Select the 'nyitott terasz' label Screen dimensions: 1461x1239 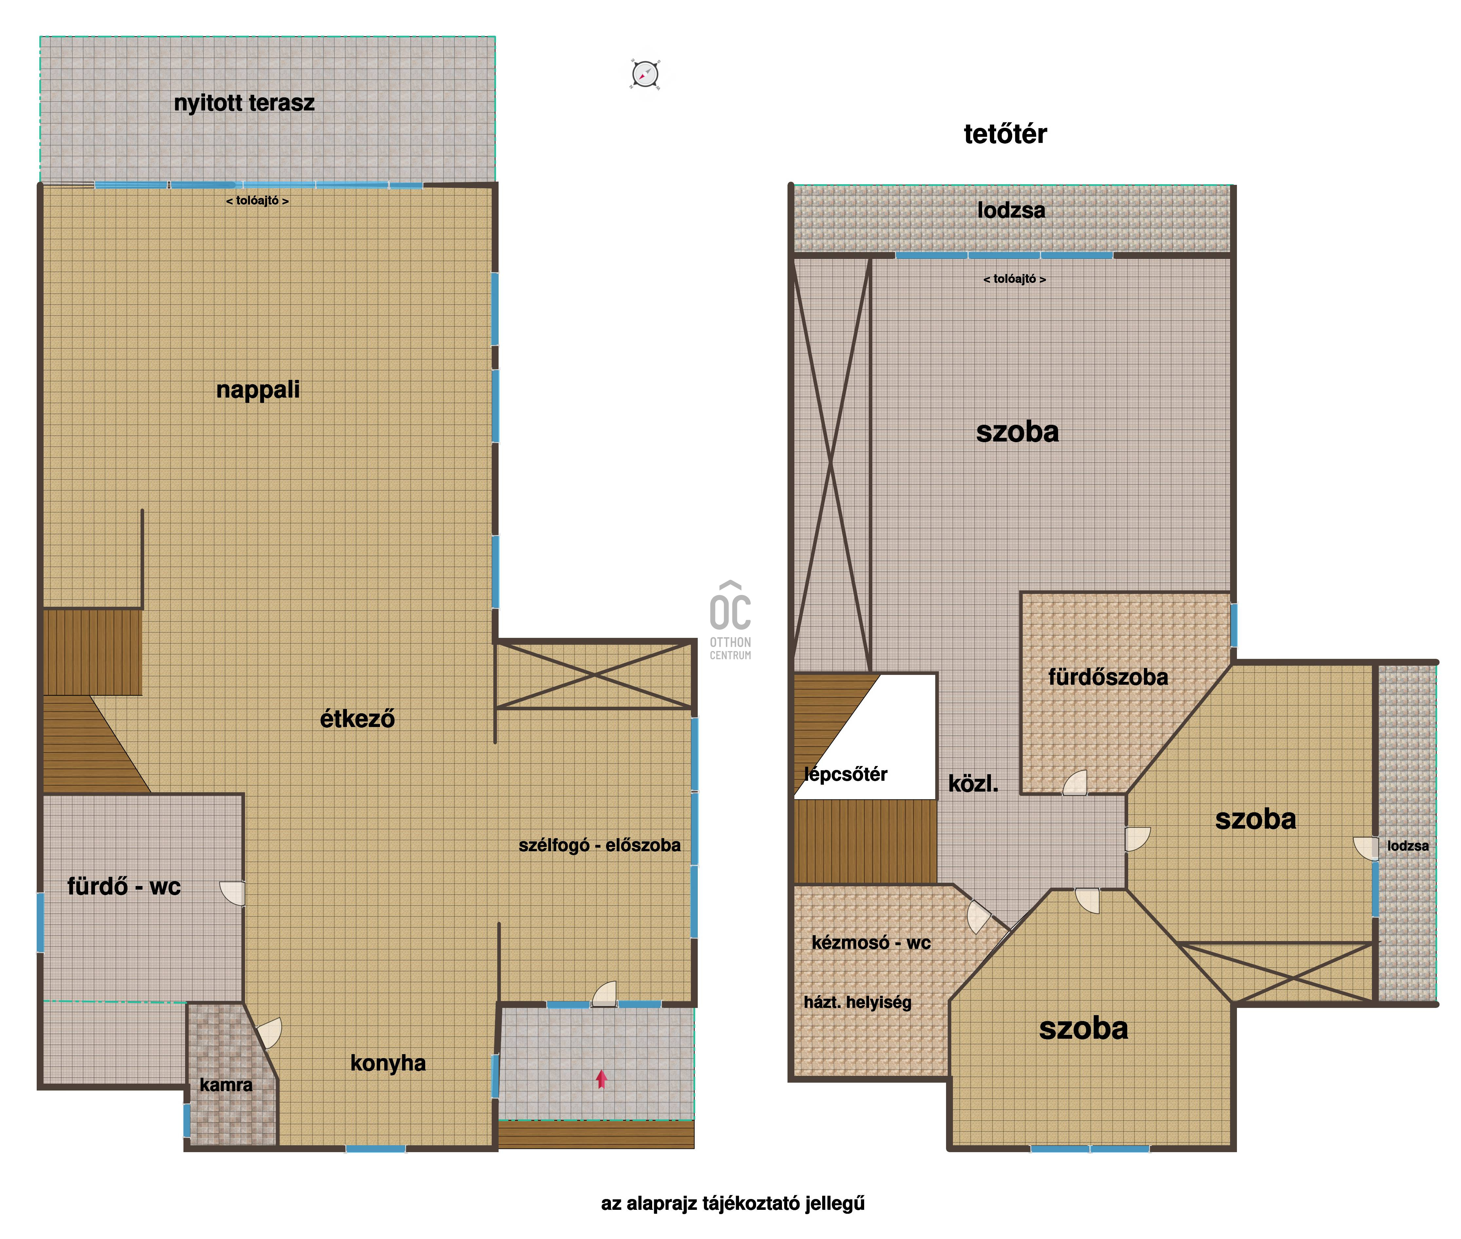coord(244,103)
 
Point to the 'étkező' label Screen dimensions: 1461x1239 coord(357,718)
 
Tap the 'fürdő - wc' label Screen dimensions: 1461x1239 coord(124,886)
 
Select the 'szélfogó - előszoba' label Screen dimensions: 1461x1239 coord(599,845)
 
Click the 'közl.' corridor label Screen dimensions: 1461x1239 coord(973,784)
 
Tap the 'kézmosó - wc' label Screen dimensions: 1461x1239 coord(871,943)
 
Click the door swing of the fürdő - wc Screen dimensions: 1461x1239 coord(232,894)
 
